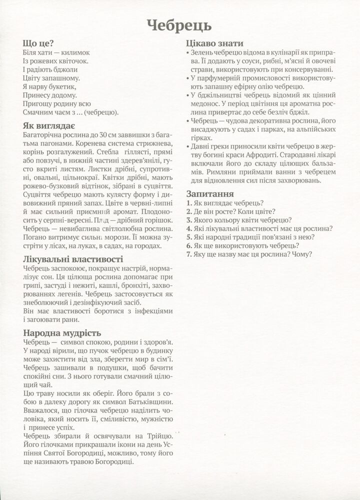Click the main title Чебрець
[x=179, y=24]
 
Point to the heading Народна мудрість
[x=62, y=332]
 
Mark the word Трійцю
[x=159, y=436]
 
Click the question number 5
[x=187, y=237]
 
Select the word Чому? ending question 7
[x=302, y=254]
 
